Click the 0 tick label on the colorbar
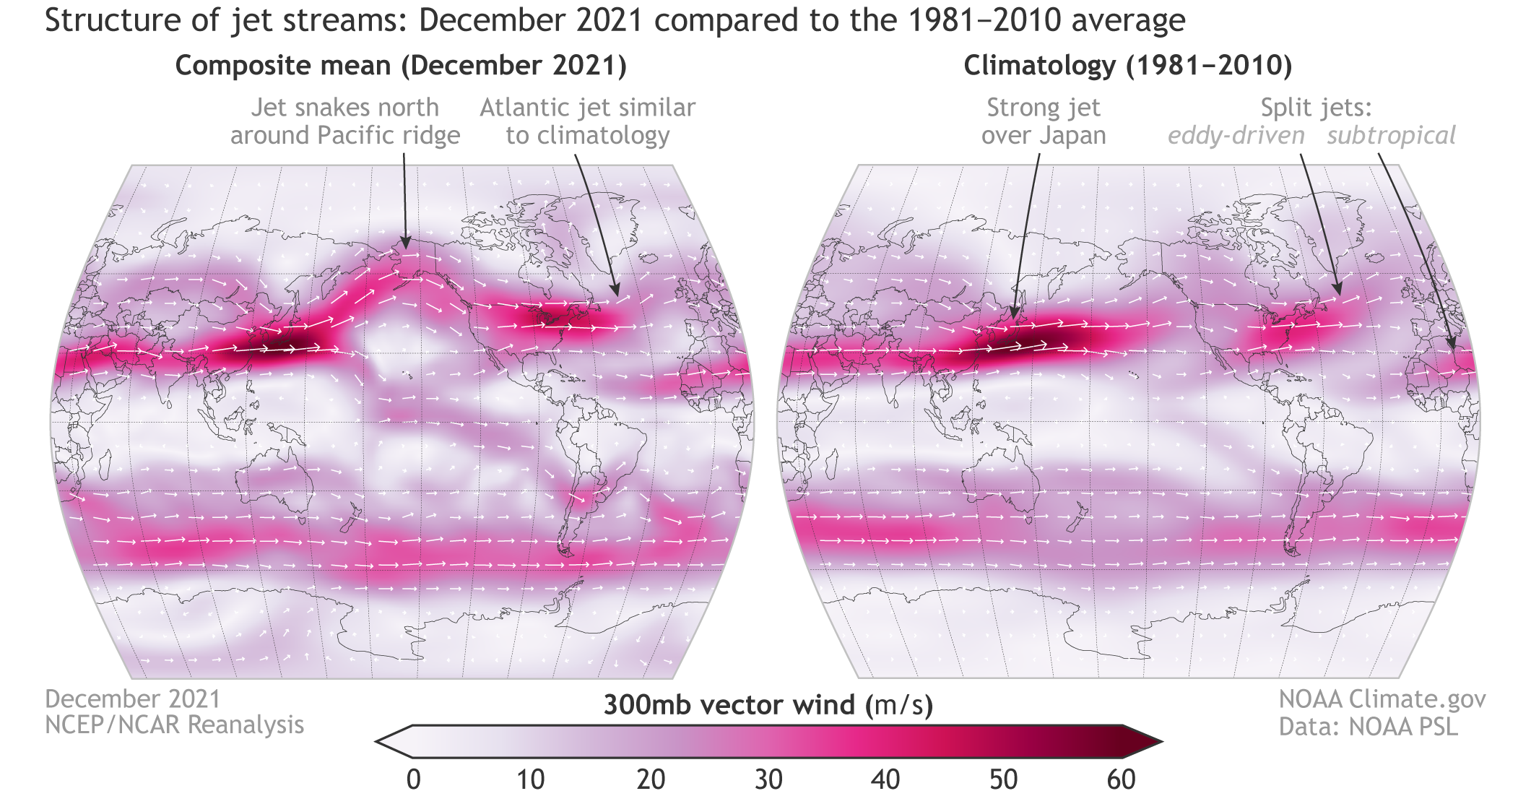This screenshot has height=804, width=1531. tap(413, 780)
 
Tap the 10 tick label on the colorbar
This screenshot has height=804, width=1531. tap(531, 780)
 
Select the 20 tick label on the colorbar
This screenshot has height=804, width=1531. tap(650, 780)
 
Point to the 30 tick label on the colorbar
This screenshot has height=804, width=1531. tap(768, 780)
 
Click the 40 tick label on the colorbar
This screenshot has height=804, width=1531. tap(885, 780)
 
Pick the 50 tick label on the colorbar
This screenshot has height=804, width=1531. tap(1003, 780)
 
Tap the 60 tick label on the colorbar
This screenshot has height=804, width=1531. tap(1121, 780)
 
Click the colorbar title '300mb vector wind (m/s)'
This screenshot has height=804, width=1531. tap(768, 705)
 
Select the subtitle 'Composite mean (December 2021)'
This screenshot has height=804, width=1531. tap(401, 66)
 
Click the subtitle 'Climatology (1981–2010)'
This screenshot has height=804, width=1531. tap(1127, 66)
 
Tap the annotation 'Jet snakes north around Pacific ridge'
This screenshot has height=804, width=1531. tap(345, 121)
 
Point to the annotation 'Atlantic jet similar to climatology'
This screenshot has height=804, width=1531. tap(588, 121)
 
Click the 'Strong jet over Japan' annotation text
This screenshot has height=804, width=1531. tap(1044, 121)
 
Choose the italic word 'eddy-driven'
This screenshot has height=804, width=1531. tap(1236, 136)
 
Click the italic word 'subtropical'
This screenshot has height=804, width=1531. tap(1391, 136)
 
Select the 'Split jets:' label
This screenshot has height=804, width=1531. tap(1316, 108)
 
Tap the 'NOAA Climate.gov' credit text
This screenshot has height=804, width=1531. tap(1382, 699)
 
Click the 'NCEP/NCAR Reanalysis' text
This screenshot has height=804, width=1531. tap(174, 725)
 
